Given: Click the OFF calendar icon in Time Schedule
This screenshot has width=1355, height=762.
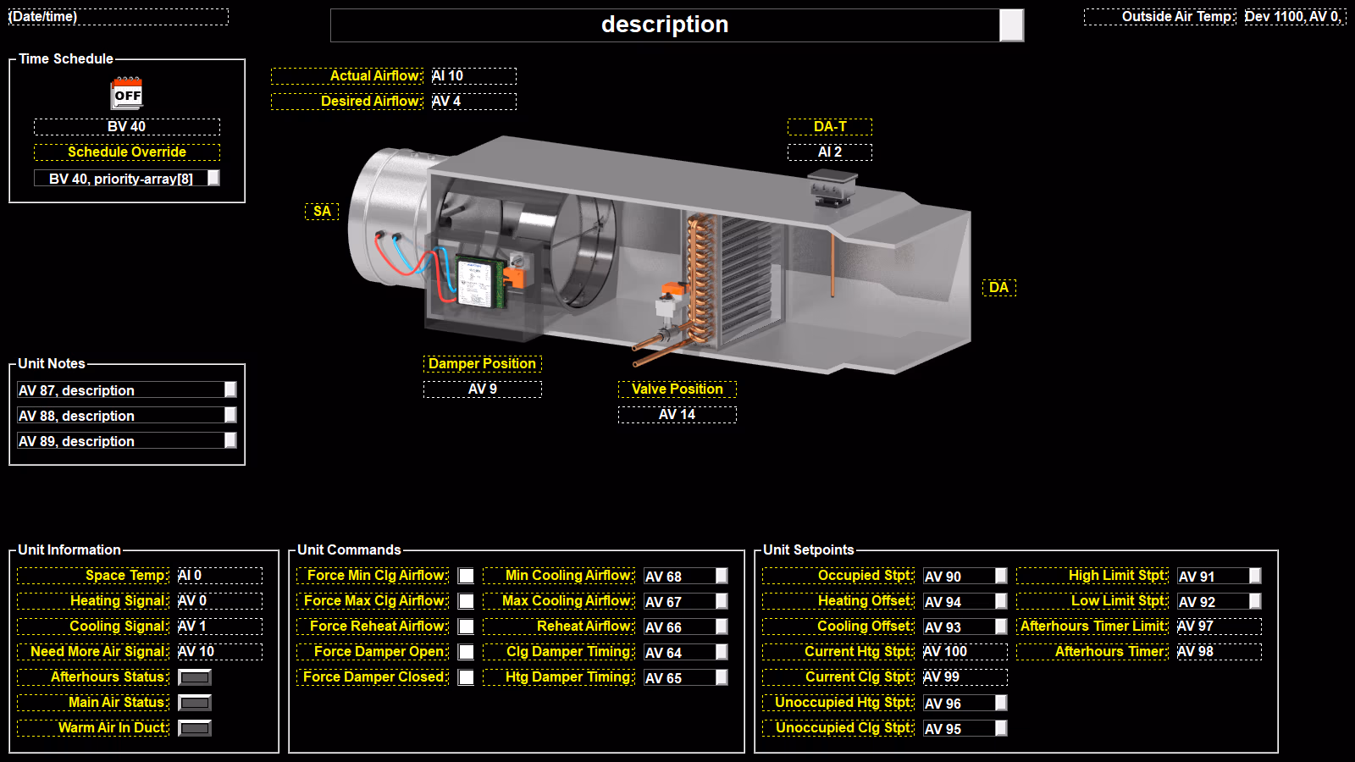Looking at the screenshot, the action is pyautogui.click(x=127, y=93).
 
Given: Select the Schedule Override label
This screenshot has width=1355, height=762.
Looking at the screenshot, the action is pyautogui.click(x=127, y=152).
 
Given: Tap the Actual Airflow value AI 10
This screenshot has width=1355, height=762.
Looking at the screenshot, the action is pyautogui.click(x=473, y=75).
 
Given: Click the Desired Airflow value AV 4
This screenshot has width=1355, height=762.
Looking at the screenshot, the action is pyautogui.click(x=473, y=101).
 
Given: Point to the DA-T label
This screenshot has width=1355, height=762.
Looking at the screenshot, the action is pyautogui.click(x=830, y=126).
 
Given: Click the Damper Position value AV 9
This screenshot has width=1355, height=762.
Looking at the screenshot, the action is pyautogui.click(x=483, y=389).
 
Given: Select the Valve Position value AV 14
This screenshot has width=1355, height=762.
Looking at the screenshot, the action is pyautogui.click(x=677, y=414).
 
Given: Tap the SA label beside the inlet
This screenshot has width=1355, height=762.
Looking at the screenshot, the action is pyautogui.click(x=322, y=211).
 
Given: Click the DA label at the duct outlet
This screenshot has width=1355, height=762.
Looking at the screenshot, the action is pyautogui.click(x=999, y=287).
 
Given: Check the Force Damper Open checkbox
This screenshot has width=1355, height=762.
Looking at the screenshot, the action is pyautogui.click(x=466, y=652).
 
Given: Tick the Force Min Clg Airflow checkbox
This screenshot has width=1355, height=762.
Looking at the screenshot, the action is pyautogui.click(x=466, y=576).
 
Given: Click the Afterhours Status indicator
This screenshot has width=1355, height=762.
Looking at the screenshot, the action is pyautogui.click(x=195, y=677).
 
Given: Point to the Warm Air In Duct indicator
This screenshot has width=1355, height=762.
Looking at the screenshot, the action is pyautogui.click(x=195, y=728).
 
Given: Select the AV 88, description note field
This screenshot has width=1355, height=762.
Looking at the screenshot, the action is pyautogui.click(x=127, y=416).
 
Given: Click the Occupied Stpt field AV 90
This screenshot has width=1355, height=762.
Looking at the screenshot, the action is pyautogui.click(x=965, y=577).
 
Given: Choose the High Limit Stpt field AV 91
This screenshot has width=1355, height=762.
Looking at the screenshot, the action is pyautogui.click(x=1219, y=577).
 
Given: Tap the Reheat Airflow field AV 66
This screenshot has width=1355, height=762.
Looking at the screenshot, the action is pyautogui.click(x=686, y=627).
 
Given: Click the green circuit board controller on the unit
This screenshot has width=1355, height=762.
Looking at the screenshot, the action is pyautogui.click(x=481, y=282).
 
